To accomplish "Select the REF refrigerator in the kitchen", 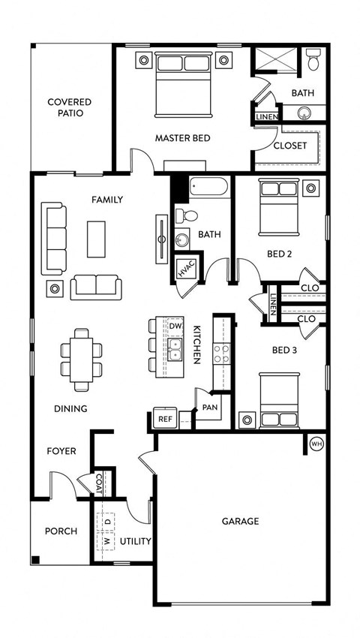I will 163,420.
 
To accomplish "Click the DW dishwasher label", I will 175,327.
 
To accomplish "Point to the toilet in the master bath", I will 313,59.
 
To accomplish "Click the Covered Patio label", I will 69,107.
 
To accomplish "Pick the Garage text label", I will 240,521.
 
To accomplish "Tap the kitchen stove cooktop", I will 222,353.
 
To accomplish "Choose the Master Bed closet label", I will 289,146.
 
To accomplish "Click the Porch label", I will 61,531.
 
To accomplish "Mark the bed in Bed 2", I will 278,206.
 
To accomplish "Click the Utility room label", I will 136,540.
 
